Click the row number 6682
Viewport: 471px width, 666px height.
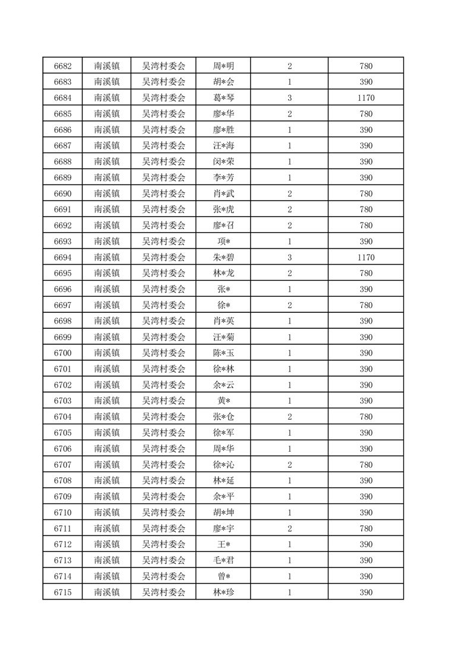62,66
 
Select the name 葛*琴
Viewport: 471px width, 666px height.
223,98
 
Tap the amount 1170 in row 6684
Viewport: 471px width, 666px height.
366,98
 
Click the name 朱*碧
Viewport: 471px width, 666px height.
223,258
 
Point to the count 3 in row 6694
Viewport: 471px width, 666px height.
289,258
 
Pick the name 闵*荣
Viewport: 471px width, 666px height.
223,161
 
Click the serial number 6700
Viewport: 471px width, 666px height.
62,353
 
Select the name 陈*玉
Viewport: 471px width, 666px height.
223,353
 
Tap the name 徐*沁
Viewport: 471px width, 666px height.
223,465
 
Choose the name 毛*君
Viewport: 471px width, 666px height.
223,560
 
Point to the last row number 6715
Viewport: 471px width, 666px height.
62,592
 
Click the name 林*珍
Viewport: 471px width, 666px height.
223,592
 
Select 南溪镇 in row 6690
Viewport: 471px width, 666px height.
107,194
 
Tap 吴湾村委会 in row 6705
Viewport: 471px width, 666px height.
163,433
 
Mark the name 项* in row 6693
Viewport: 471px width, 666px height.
223,242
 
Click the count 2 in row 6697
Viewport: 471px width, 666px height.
289,305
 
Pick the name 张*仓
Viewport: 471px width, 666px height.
223,417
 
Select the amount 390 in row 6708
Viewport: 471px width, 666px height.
366,481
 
